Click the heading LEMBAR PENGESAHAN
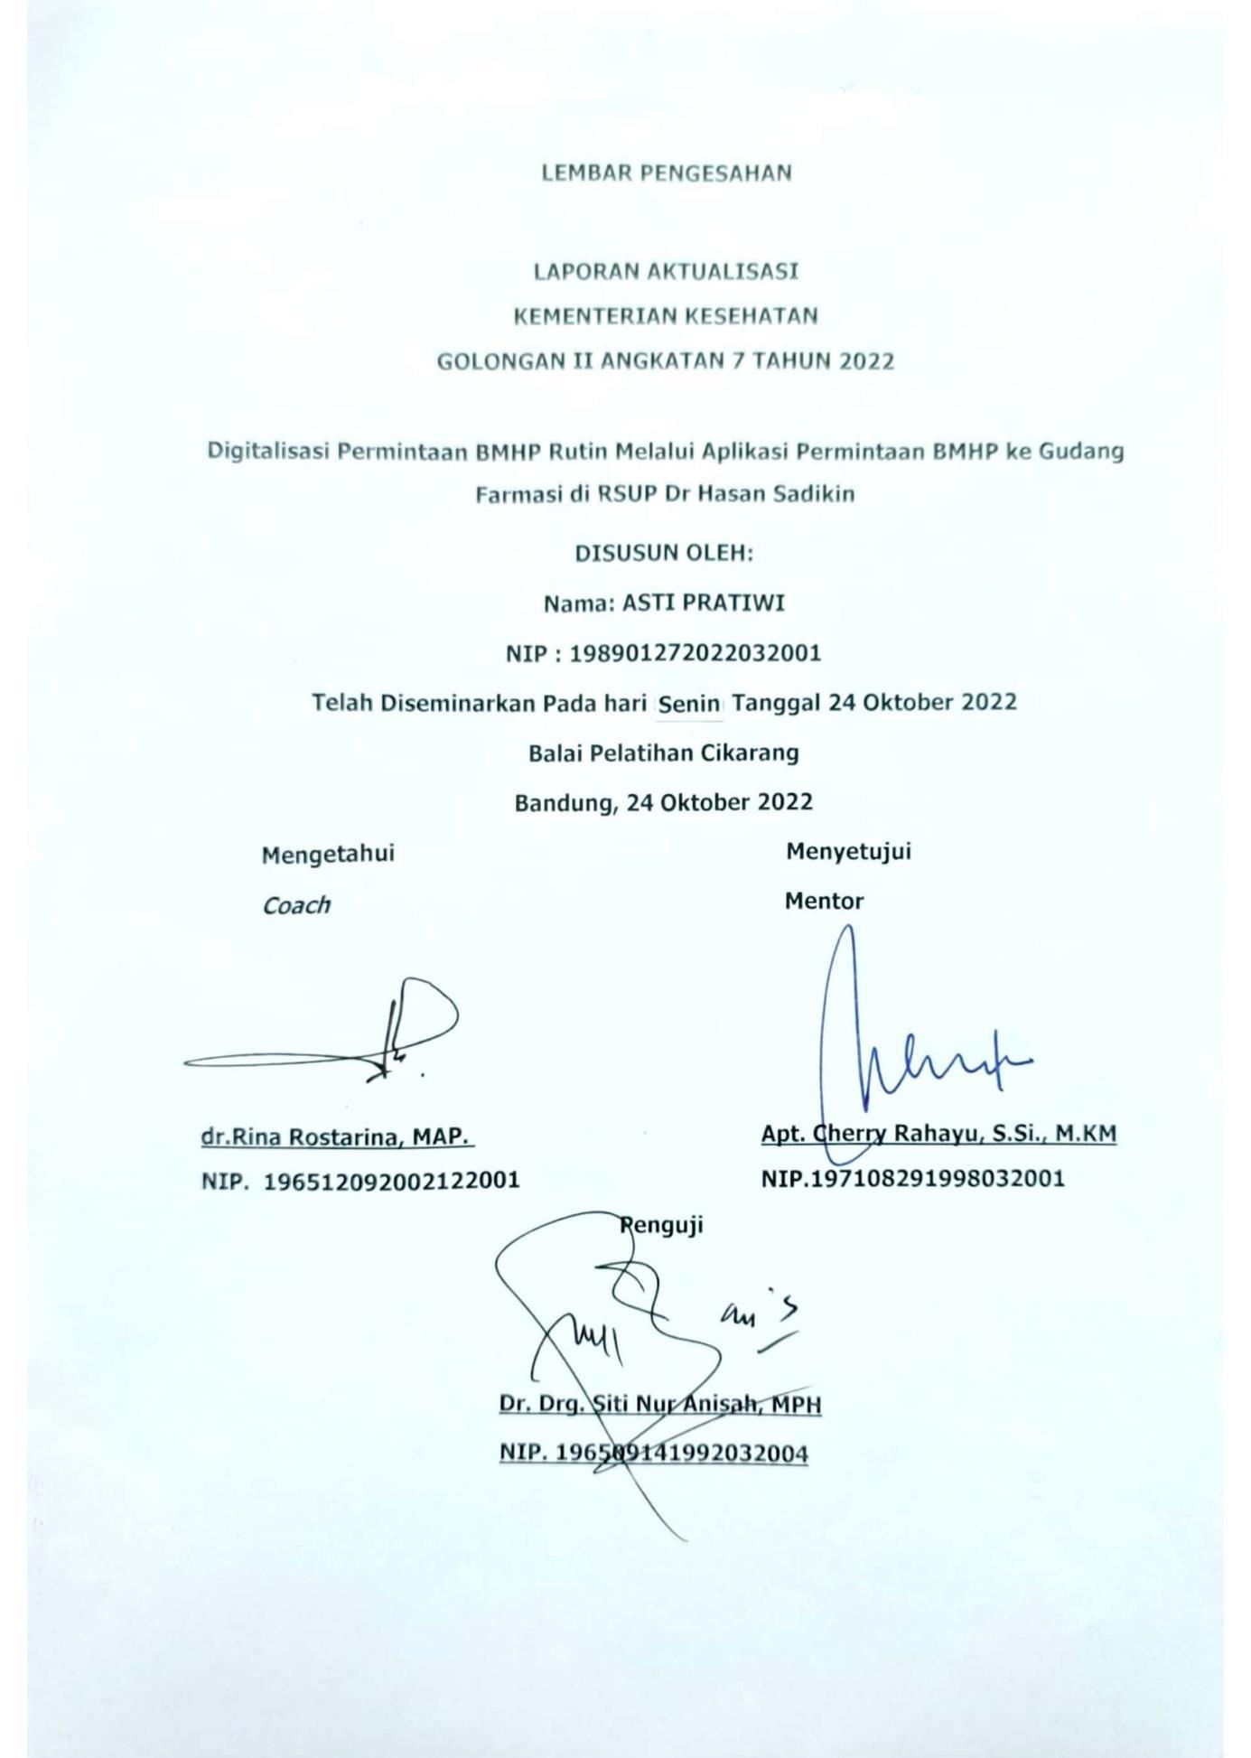[666, 173]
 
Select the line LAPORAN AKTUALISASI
[666, 271]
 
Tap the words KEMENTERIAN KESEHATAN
[666, 316]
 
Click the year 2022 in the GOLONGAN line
[866, 361]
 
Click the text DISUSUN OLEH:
[664, 553]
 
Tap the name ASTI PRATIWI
[704, 603]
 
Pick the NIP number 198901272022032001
[695, 652]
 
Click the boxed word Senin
[689, 704]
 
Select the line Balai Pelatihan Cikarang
[664, 753]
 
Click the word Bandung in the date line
[556, 802]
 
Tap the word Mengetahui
[328, 854]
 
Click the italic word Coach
[296, 905]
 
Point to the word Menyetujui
[848, 851]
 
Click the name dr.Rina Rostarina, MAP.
[337, 1136]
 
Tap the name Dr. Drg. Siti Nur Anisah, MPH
[660, 1404]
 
